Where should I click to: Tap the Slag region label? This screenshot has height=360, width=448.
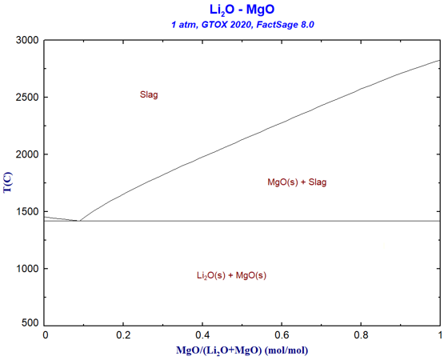[x=149, y=94]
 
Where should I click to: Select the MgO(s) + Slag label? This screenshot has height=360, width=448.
[x=297, y=182]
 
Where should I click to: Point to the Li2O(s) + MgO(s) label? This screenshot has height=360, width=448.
[x=231, y=275]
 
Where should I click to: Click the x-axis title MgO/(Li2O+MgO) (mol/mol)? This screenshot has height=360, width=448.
[x=242, y=350]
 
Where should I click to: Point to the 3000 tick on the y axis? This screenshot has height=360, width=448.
[x=26, y=40]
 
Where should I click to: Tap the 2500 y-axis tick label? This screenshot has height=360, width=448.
[x=26, y=98]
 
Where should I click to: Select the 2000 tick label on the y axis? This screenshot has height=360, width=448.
[x=26, y=154]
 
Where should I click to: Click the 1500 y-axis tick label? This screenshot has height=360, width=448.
[x=26, y=212]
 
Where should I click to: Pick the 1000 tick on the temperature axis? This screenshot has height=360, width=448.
[x=26, y=269]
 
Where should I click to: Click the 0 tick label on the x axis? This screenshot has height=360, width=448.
[x=45, y=335]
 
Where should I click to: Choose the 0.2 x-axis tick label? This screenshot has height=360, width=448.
[x=124, y=335]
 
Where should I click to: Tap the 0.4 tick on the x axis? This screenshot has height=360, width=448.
[x=203, y=335]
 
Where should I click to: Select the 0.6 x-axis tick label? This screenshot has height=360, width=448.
[x=282, y=335]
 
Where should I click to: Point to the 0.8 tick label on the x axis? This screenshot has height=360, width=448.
[x=362, y=335]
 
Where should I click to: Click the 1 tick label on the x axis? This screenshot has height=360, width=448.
[x=439, y=335]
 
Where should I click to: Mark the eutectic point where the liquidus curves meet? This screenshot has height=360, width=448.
[x=78, y=221]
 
